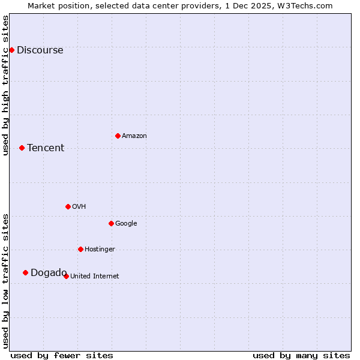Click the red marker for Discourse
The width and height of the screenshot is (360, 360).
click(x=11, y=50)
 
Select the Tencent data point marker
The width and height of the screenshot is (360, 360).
click(x=22, y=148)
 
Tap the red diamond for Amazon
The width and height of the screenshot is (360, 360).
click(x=118, y=136)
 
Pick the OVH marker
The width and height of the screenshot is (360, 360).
click(x=68, y=206)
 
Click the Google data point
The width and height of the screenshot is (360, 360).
click(x=111, y=223)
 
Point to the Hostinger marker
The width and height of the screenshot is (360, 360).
click(x=80, y=249)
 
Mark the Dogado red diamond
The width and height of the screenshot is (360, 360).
click(x=25, y=272)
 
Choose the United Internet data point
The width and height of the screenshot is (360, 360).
click(x=66, y=276)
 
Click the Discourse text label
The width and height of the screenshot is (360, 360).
click(x=40, y=50)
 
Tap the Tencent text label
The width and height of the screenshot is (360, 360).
click(x=46, y=148)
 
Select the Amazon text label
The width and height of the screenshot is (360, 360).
click(x=134, y=136)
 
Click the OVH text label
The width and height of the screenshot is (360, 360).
click(x=79, y=207)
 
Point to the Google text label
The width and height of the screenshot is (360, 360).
click(x=126, y=224)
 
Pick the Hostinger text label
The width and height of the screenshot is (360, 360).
click(x=100, y=250)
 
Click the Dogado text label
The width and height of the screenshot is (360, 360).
click(x=49, y=273)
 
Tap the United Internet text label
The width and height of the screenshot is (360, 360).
click(x=95, y=277)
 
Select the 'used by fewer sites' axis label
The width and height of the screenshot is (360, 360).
click(x=62, y=355)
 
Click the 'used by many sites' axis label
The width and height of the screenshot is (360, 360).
click(x=301, y=355)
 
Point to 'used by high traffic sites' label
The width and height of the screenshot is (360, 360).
click(x=5, y=85)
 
